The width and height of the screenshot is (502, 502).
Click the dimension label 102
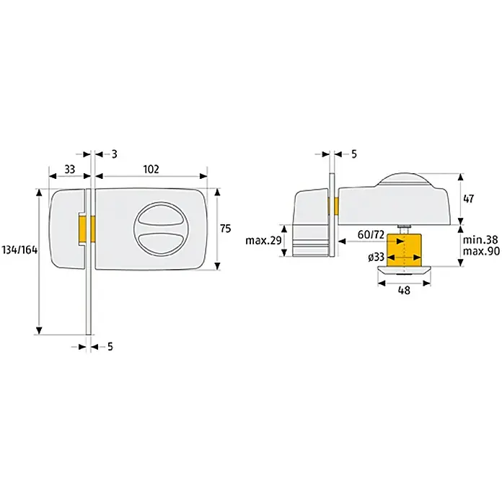point(151,169)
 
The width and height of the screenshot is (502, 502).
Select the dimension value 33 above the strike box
point(69,169)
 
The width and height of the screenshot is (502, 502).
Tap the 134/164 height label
point(20,250)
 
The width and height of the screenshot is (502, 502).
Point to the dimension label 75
point(225,229)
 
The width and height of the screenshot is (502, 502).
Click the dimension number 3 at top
point(114,154)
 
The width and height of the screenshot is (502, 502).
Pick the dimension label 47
point(468,199)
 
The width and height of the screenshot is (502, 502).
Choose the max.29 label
point(263,240)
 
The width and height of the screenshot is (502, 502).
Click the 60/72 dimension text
point(371,234)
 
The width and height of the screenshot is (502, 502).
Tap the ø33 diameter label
point(376,257)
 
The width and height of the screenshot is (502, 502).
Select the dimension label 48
point(404,290)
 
